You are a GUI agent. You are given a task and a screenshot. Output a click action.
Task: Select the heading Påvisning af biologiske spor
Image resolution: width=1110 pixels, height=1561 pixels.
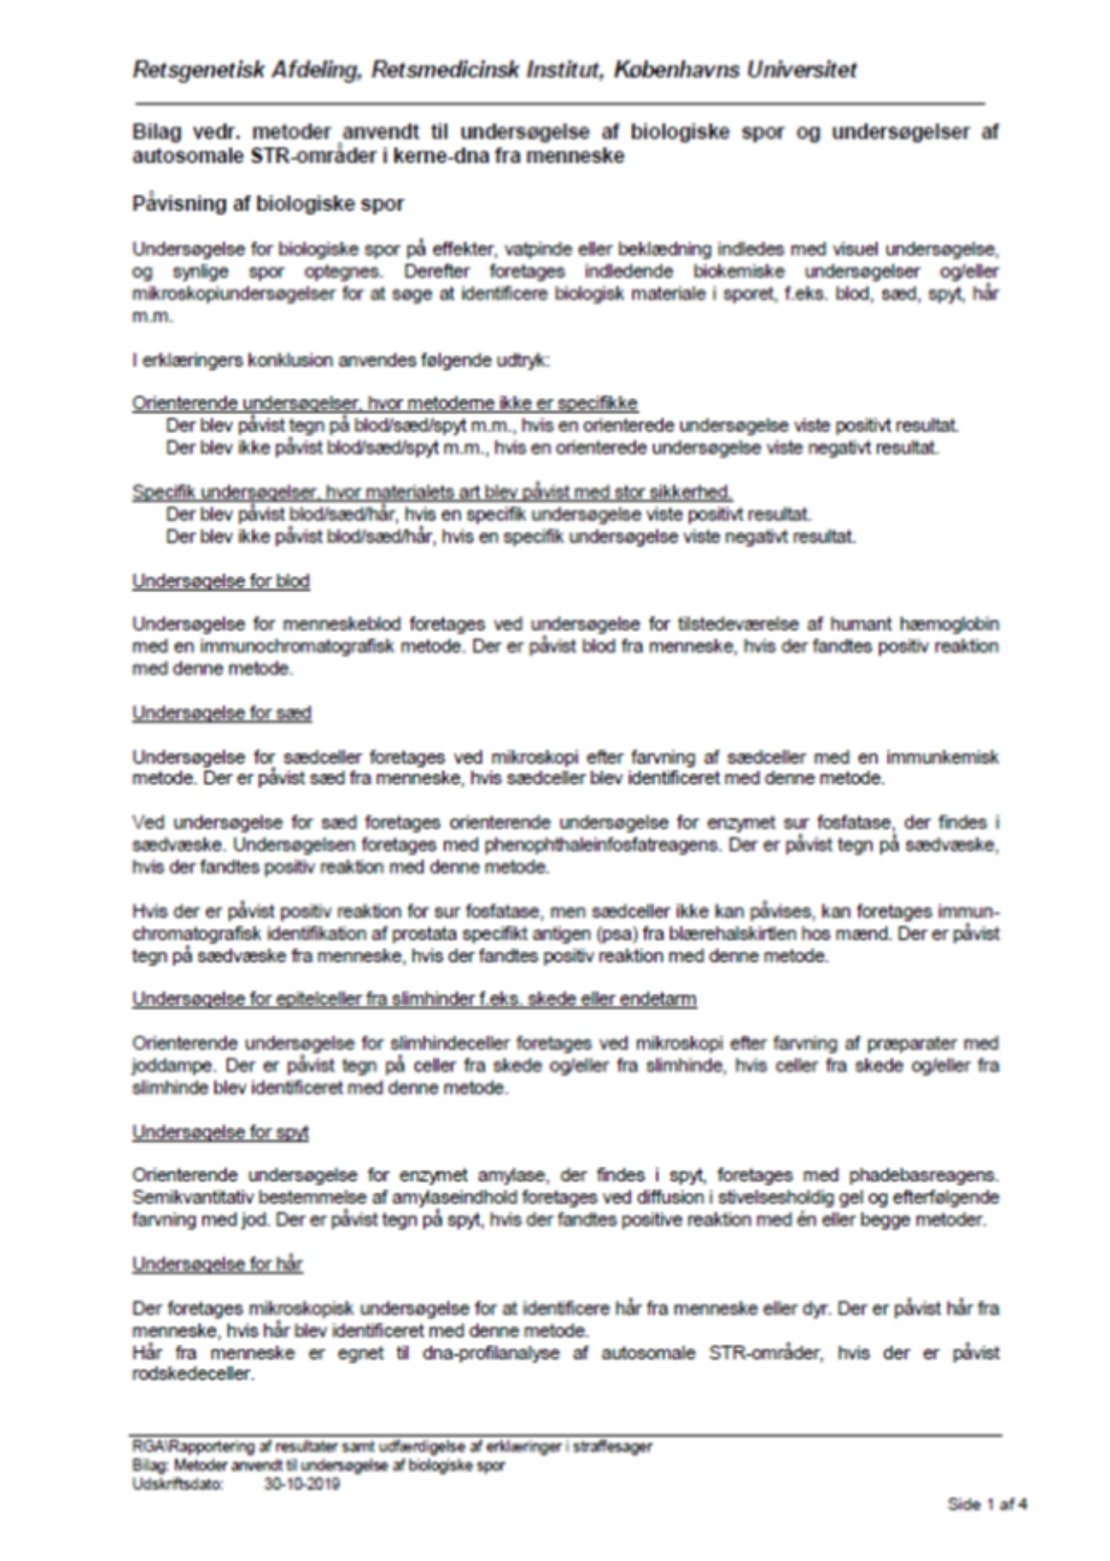(x=267, y=204)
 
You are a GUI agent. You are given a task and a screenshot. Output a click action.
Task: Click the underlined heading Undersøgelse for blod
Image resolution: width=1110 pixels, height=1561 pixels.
(x=220, y=581)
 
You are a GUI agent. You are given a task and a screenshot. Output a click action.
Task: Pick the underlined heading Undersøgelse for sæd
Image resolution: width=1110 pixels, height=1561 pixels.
(x=221, y=712)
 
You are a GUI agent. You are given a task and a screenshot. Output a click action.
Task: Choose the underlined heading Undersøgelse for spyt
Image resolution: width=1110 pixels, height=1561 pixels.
(x=219, y=1131)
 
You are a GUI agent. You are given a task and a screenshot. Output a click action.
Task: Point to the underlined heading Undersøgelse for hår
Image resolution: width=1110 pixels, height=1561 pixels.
(x=217, y=1263)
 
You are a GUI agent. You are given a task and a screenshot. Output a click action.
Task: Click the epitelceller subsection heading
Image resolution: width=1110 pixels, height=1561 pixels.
(x=413, y=998)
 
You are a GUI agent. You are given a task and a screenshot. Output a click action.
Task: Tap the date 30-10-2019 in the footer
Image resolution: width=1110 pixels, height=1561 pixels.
(x=302, y=1483)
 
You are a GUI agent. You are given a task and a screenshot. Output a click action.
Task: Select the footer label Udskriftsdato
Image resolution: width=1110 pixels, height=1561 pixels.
(x=166, y=1483)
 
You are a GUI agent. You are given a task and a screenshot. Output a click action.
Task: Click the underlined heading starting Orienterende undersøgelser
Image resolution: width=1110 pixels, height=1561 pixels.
(x=384, y=403)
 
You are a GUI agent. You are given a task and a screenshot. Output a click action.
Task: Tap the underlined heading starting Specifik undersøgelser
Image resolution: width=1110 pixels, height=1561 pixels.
(x=432, y=492)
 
